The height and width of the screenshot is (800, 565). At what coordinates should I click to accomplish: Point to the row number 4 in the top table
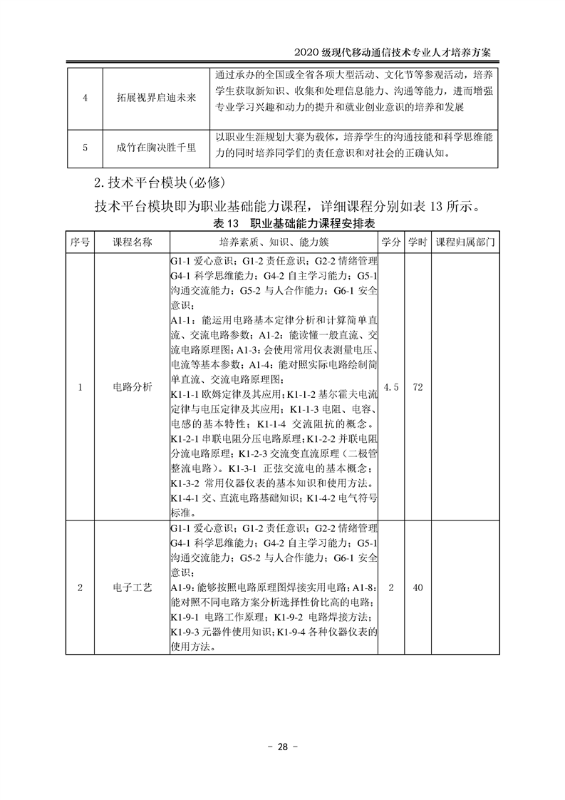pos(85,98)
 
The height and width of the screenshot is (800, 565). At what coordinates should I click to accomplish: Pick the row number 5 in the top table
pos(85,148)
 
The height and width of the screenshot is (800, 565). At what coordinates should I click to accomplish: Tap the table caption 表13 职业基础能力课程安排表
pos(282,225)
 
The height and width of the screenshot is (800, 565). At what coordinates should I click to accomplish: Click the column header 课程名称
pos(133,242)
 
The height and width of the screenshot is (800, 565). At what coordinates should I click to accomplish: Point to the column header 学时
pos(418,242)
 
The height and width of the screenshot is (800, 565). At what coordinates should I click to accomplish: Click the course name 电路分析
pos(133,387)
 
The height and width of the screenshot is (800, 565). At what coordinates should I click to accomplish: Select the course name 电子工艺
pos(133,588)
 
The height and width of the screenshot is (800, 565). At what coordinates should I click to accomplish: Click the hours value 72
pos(418,387)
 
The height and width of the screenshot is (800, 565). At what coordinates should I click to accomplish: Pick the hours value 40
pos(418,588)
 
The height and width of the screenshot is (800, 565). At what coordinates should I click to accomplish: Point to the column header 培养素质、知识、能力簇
pos(273,242)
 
